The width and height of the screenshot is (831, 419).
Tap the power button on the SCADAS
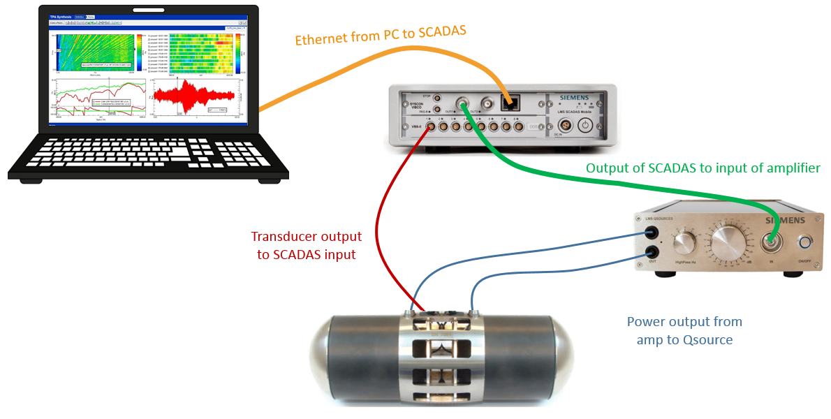tap(585, 126)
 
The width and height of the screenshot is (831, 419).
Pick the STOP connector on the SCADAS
tap(437, 97)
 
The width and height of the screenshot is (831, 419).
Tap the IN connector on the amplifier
tap(770, 242)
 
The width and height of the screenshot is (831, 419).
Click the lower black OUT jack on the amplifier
tap(652, 252)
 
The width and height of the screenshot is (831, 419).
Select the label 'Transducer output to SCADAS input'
tap(307, 246)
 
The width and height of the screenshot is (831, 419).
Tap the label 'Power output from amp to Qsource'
tap(684, 330)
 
